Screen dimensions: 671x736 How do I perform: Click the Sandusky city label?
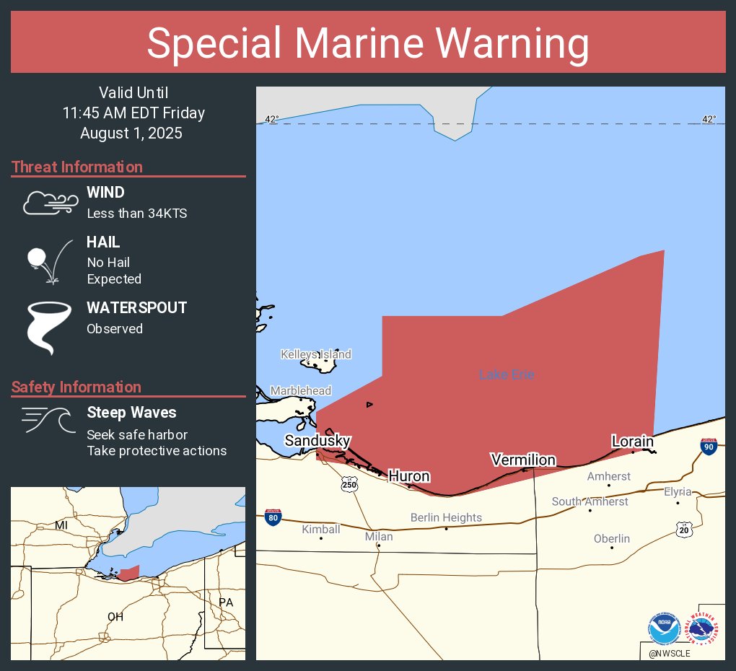point(317,441)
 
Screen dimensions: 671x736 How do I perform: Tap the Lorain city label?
point(632,441)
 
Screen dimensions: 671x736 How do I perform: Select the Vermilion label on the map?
point(523,460)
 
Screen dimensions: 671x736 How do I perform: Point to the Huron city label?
point(409,476)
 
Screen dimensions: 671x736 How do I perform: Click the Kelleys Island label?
point(316,354)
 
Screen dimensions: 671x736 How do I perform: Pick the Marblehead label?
point(301,391)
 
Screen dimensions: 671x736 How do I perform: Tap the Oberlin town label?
point(612,539)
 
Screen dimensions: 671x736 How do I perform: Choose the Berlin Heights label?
point(446,517)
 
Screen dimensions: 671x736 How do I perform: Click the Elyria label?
point(678,492)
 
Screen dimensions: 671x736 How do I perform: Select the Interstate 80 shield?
point(273,516)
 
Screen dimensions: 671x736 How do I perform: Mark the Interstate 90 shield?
point(709,447)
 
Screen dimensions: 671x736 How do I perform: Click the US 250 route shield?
point(349,485)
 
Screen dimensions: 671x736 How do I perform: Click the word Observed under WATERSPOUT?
point(115,329)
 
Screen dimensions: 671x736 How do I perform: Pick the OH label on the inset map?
point(115,617)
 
